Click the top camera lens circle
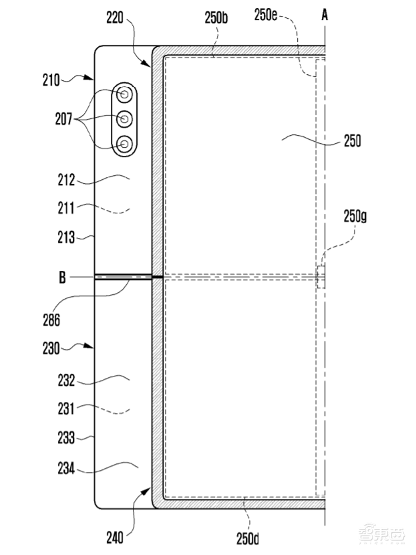(124, 94)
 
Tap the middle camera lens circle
(124, 119)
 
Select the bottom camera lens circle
(124, 144)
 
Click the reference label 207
(63, 119)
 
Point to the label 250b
(216, 17)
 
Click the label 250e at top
(266, 15)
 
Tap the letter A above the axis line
(325, 15)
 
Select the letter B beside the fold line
(62, 277)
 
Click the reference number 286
(51, 320)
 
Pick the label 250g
(355, 216)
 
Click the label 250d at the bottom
(248, 538)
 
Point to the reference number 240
(116, 538)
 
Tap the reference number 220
(116, 17)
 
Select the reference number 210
(51, 80)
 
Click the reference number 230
(51, 348)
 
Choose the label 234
(67, 469)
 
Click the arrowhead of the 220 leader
(147, 63)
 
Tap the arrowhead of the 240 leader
(147, 491)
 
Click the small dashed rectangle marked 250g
(321, 277)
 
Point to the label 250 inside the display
(353, 141)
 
